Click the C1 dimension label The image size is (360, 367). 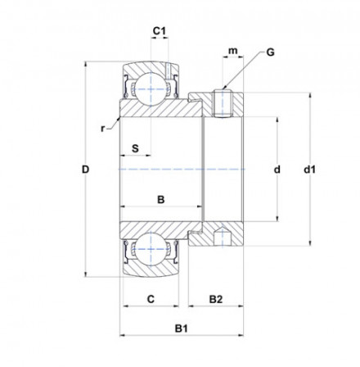(x=161, y=32)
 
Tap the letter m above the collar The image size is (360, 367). (x=233, y=52)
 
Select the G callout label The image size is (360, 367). (x=270, y=52)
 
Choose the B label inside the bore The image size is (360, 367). (x=161, y=200)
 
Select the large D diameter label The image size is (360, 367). (x=85, y=170)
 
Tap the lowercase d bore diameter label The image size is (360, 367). (x=277, y=170)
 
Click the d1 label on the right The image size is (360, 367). (x=310, y=170)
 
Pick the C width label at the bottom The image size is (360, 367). (x=151, y=299)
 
